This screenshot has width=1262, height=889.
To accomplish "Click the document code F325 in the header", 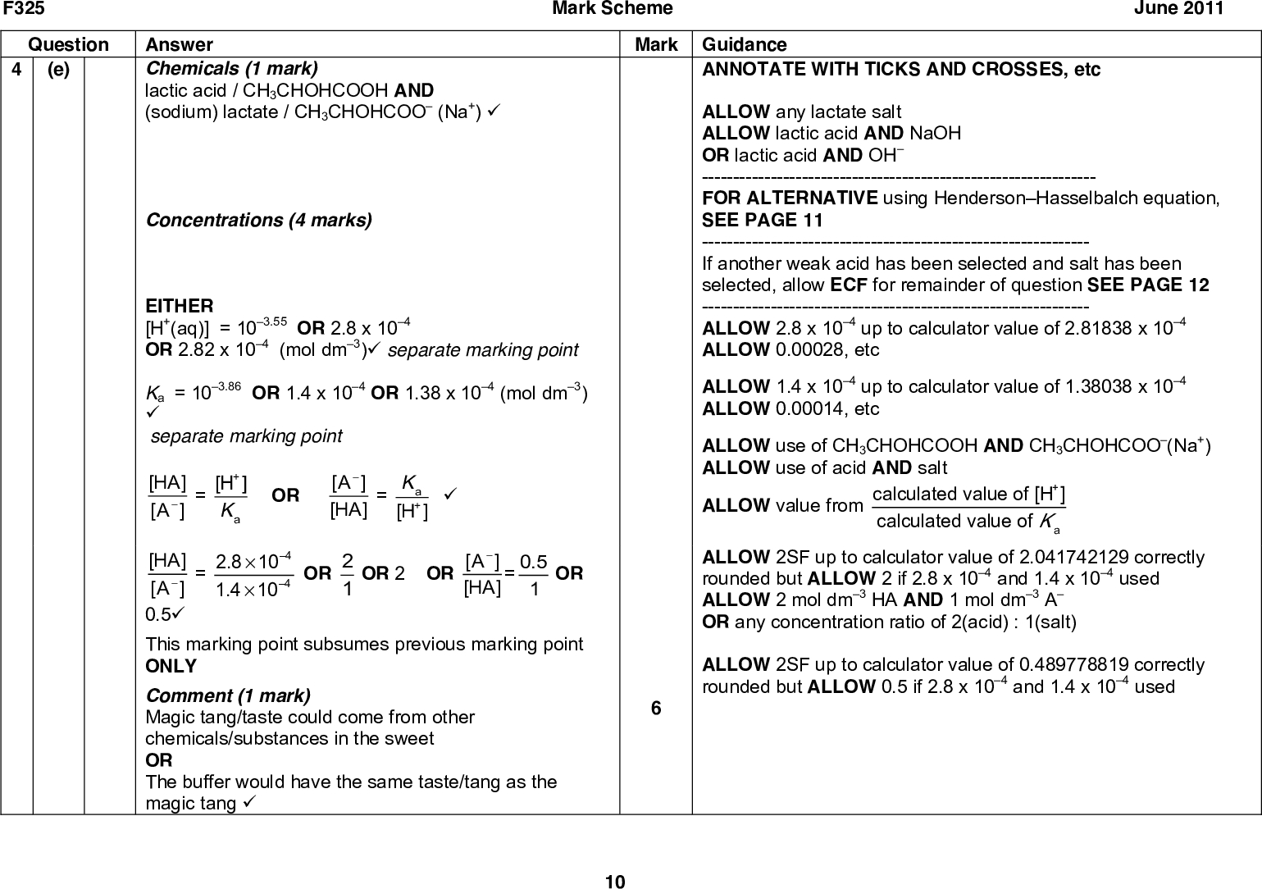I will [22, 9].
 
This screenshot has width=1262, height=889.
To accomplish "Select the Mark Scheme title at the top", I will [613, 9].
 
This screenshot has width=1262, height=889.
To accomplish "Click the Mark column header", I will [655, 44].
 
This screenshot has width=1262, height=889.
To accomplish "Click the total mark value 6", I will [655, 708].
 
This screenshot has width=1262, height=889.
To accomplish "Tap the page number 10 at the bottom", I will [614, 882].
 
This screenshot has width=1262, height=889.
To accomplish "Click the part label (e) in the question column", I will [58, 70].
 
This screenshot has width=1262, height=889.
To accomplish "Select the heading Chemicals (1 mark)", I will [231, 69].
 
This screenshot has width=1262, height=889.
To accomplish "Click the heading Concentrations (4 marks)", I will [257, 220].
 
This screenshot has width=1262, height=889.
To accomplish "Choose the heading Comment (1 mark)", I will [228, 695].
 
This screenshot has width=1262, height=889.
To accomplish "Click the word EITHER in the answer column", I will [179, 306].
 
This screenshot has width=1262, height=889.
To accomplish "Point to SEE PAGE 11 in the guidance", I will [762, 220].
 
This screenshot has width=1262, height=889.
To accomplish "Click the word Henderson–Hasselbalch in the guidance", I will [1034, 198].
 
